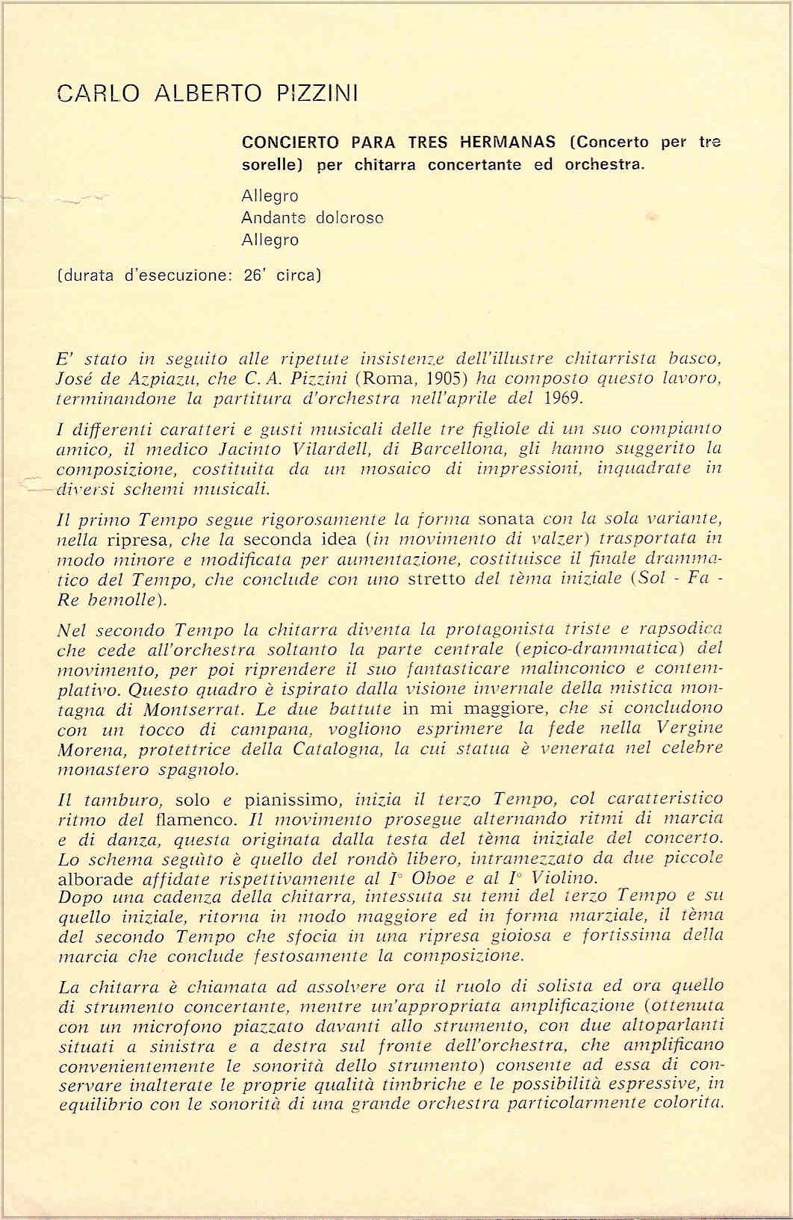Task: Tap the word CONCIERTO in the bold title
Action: (291, 143)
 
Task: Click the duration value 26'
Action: (255, 275)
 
